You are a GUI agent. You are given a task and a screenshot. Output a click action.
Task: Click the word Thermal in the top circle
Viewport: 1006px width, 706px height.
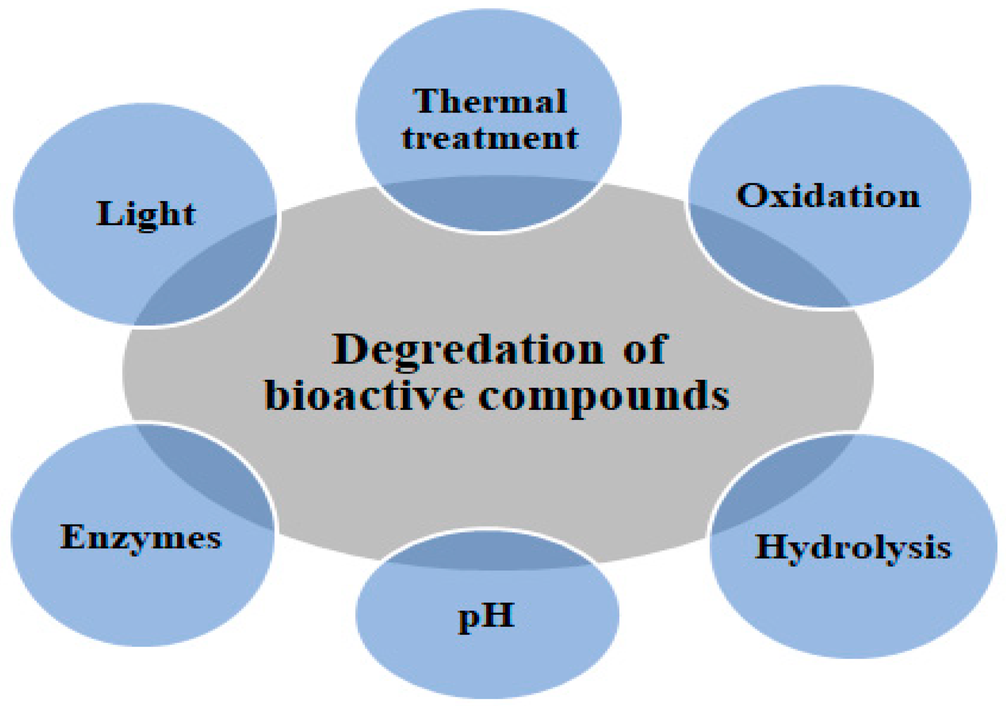[x=490, y=102]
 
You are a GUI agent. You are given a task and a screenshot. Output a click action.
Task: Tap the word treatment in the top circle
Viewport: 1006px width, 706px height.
[x=490, y=138]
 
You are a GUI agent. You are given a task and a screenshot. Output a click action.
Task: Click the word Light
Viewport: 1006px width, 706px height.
[x=146, y=214]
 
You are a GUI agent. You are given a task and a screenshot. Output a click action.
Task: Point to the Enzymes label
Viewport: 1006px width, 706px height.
[x=141, y=537]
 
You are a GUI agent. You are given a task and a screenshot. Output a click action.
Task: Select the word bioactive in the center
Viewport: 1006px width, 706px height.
[x=364, y=396]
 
